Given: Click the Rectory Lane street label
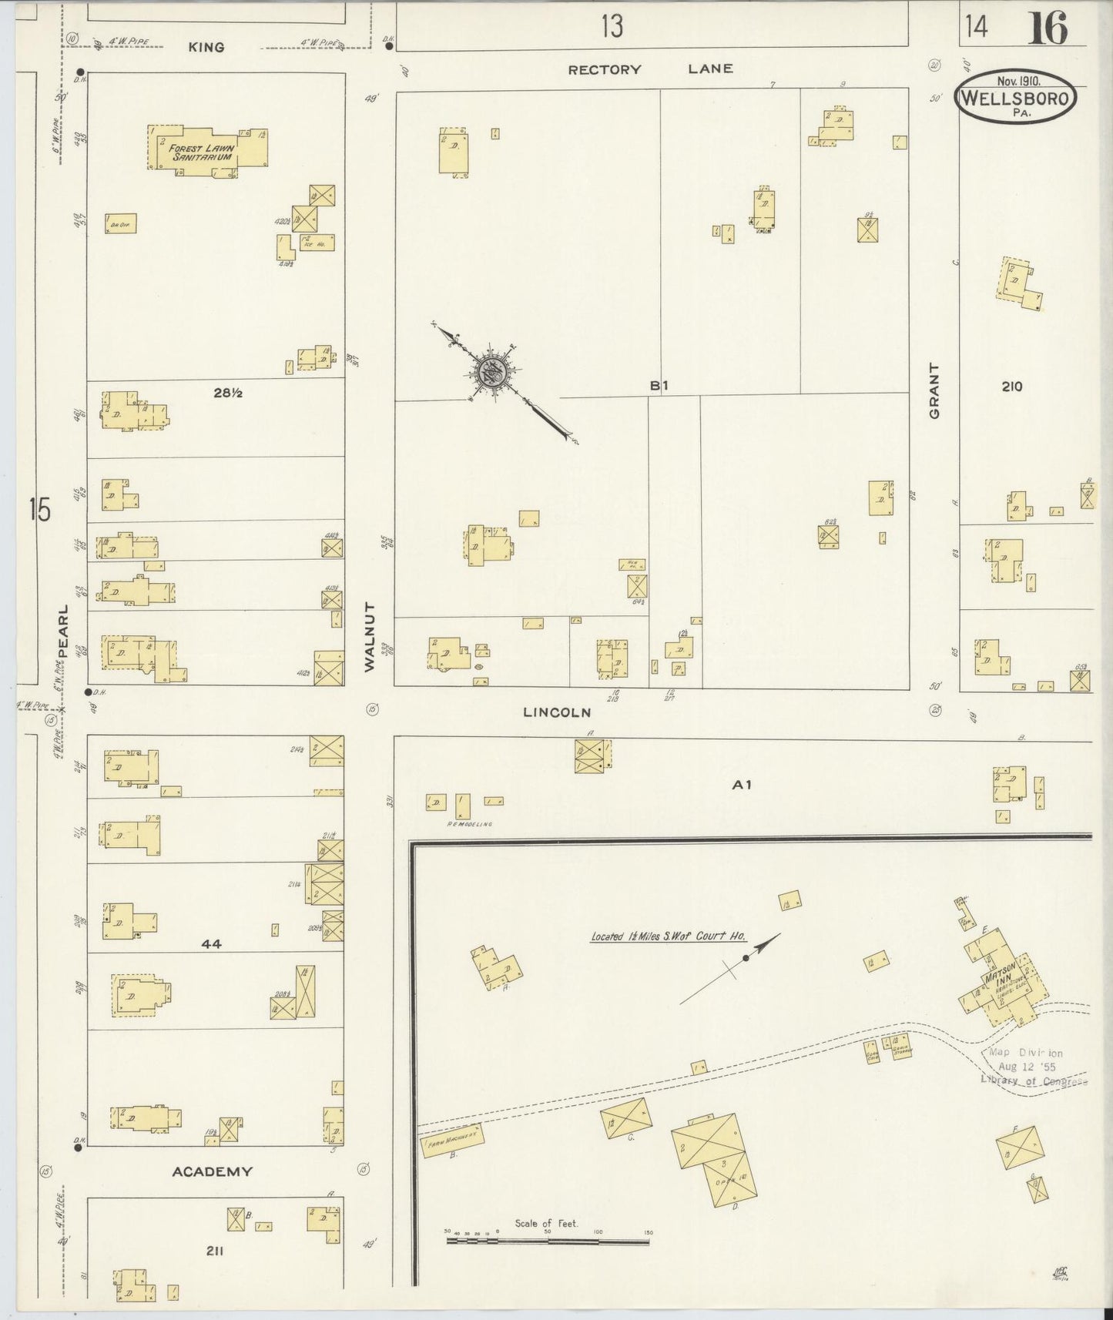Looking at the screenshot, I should pyautogui.click(x=650, y=69).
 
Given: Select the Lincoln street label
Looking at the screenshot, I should pyautogui.click(x=557, y=712).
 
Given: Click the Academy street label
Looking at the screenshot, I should pyautogui.click(x=212, y=1171).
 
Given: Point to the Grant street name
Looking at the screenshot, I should pyautogui.click(x=935, y=390).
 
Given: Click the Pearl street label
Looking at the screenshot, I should pyautogui.click(x=62, y=630).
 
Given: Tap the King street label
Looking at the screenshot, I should pyautogui.click(x=206, y=47).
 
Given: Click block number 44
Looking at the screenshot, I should pyautogui.click(x=211, y=943).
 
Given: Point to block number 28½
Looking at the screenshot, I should pyautogui.click(x=228, y=393).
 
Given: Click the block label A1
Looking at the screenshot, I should pyautogui.click(x=741, y=785).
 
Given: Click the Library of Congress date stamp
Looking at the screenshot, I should pyautogui.click(x=1032, y=1067).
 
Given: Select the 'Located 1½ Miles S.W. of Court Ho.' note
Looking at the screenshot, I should pyautogui.click(x=667, y=936).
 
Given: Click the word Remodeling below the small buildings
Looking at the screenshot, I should pyautogui.click(x=468, y=823).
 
